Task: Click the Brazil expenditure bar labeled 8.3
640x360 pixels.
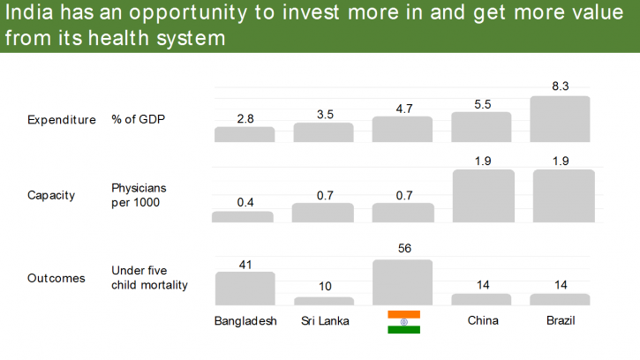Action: click(x=560, y=119)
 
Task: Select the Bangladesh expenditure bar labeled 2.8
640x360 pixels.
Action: click(x=245, y=134)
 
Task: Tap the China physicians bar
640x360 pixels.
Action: click(x=483, y=195)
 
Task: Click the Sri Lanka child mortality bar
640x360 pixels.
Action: click(x=323, y=301)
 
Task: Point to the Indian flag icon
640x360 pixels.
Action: click(x=403, y=322)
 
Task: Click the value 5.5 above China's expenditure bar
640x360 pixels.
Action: click(x=481, y=103)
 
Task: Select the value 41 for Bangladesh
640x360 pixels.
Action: click(x=245, y=263)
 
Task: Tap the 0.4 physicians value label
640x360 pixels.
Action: click(x=245, y=202)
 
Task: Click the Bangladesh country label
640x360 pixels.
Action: click(x=245, y=321)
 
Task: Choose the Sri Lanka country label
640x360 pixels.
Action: click(x=323, y=321)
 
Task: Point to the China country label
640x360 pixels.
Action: click(x=483, y=320)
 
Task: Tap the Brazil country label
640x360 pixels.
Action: click(x=561, y=320)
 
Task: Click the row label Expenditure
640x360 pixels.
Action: click(x=61, y=120)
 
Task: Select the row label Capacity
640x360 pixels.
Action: click(x=50, y=194)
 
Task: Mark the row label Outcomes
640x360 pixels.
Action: click(x=56, y=278)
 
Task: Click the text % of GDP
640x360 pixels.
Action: click(x=138, y=120)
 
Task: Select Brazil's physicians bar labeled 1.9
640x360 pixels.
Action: click(x=563, y=195)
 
